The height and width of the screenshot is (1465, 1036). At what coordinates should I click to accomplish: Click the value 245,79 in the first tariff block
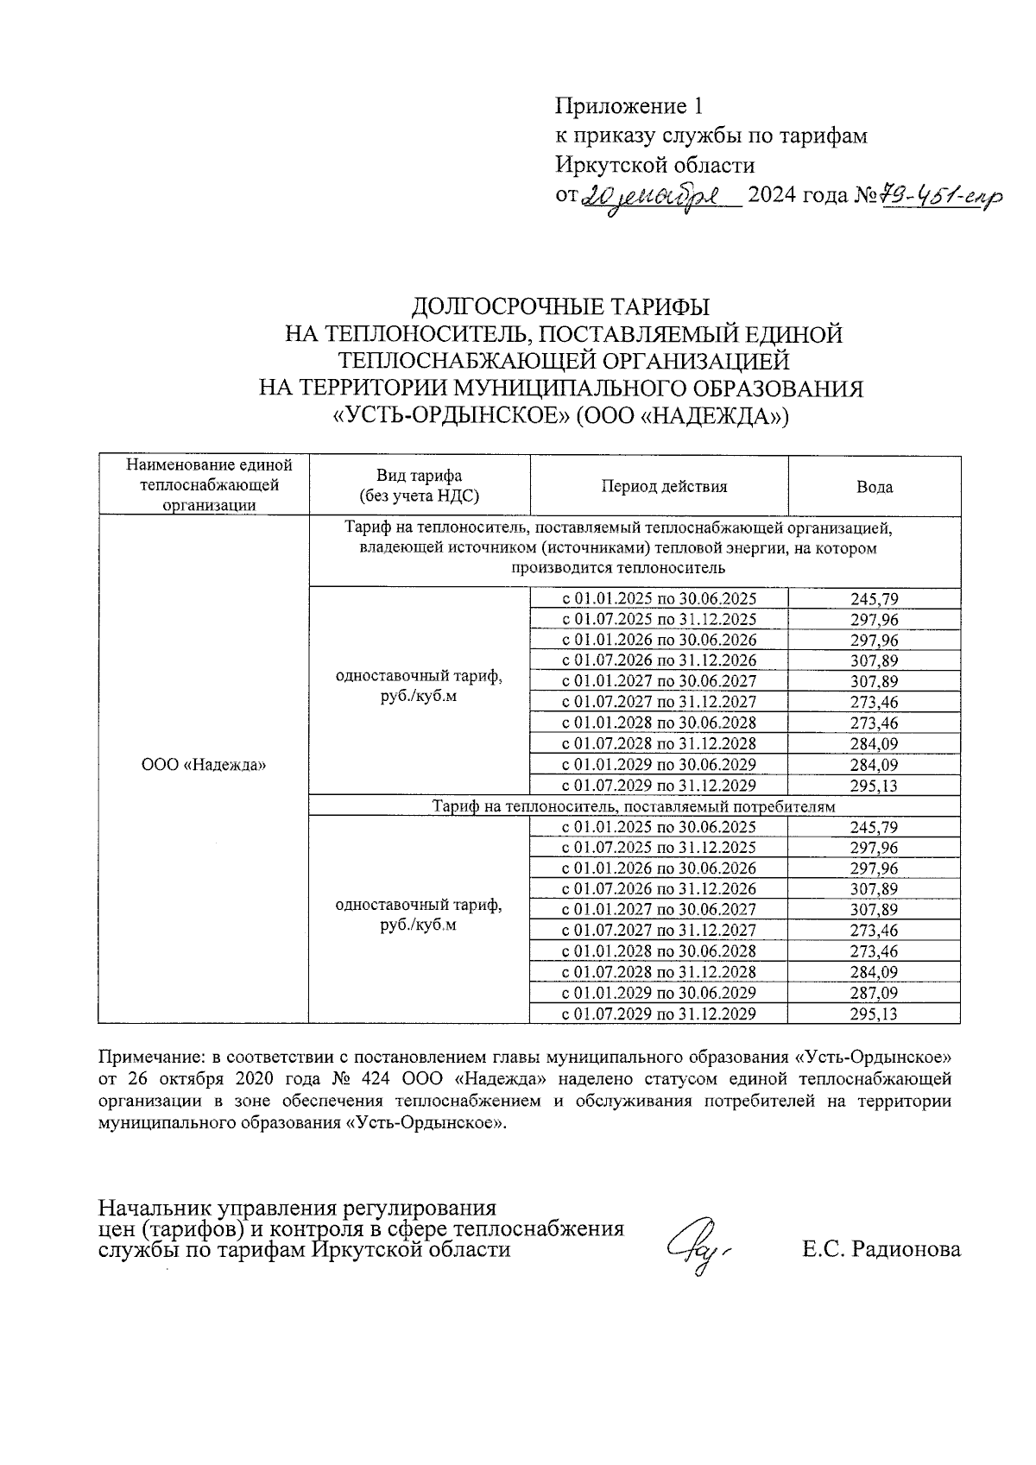point(874,598)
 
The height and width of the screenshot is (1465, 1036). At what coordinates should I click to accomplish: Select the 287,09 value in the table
point(874,993)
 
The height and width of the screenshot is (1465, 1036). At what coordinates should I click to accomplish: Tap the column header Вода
point(874,487)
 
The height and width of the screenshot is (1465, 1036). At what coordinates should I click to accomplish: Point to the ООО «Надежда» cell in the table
point(204,765)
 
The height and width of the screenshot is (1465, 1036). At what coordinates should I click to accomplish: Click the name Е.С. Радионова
point(880,1248)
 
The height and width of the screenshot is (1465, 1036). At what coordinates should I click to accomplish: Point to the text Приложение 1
point(629,106)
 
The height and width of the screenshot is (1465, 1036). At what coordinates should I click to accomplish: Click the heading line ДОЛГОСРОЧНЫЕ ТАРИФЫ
point(560,306)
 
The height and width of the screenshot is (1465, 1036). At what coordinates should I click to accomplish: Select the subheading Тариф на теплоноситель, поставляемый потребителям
point(634,806)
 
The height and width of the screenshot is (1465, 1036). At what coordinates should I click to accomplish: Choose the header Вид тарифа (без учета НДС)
point(419,486)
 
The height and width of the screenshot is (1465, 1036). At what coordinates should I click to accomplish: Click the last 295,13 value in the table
point(874,1014)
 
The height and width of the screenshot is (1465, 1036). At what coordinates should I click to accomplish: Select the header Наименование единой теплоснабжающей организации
point(204,485)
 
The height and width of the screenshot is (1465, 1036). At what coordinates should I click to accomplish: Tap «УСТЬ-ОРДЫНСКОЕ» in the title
point(450,417)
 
